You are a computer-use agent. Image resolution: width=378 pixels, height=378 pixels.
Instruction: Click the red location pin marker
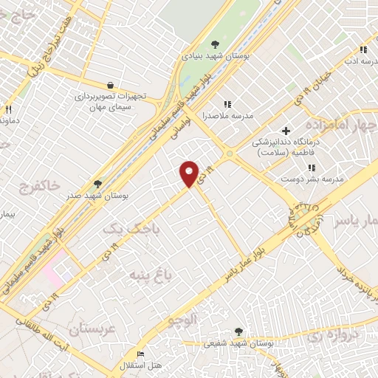click(190, 173)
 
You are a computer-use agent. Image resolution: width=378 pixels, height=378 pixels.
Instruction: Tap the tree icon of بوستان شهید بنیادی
click(215, 44)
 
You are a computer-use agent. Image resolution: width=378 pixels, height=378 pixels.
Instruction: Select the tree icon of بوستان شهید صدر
click(97, 184)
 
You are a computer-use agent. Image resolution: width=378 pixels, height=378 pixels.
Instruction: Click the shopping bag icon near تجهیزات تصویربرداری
click(110, 86)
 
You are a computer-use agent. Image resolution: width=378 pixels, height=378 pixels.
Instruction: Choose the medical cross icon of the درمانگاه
click(286, 131)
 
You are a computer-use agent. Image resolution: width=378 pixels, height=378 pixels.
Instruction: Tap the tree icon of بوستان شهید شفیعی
click(238, 332)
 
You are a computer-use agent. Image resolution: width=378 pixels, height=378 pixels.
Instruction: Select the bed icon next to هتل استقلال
click(140, 354)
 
